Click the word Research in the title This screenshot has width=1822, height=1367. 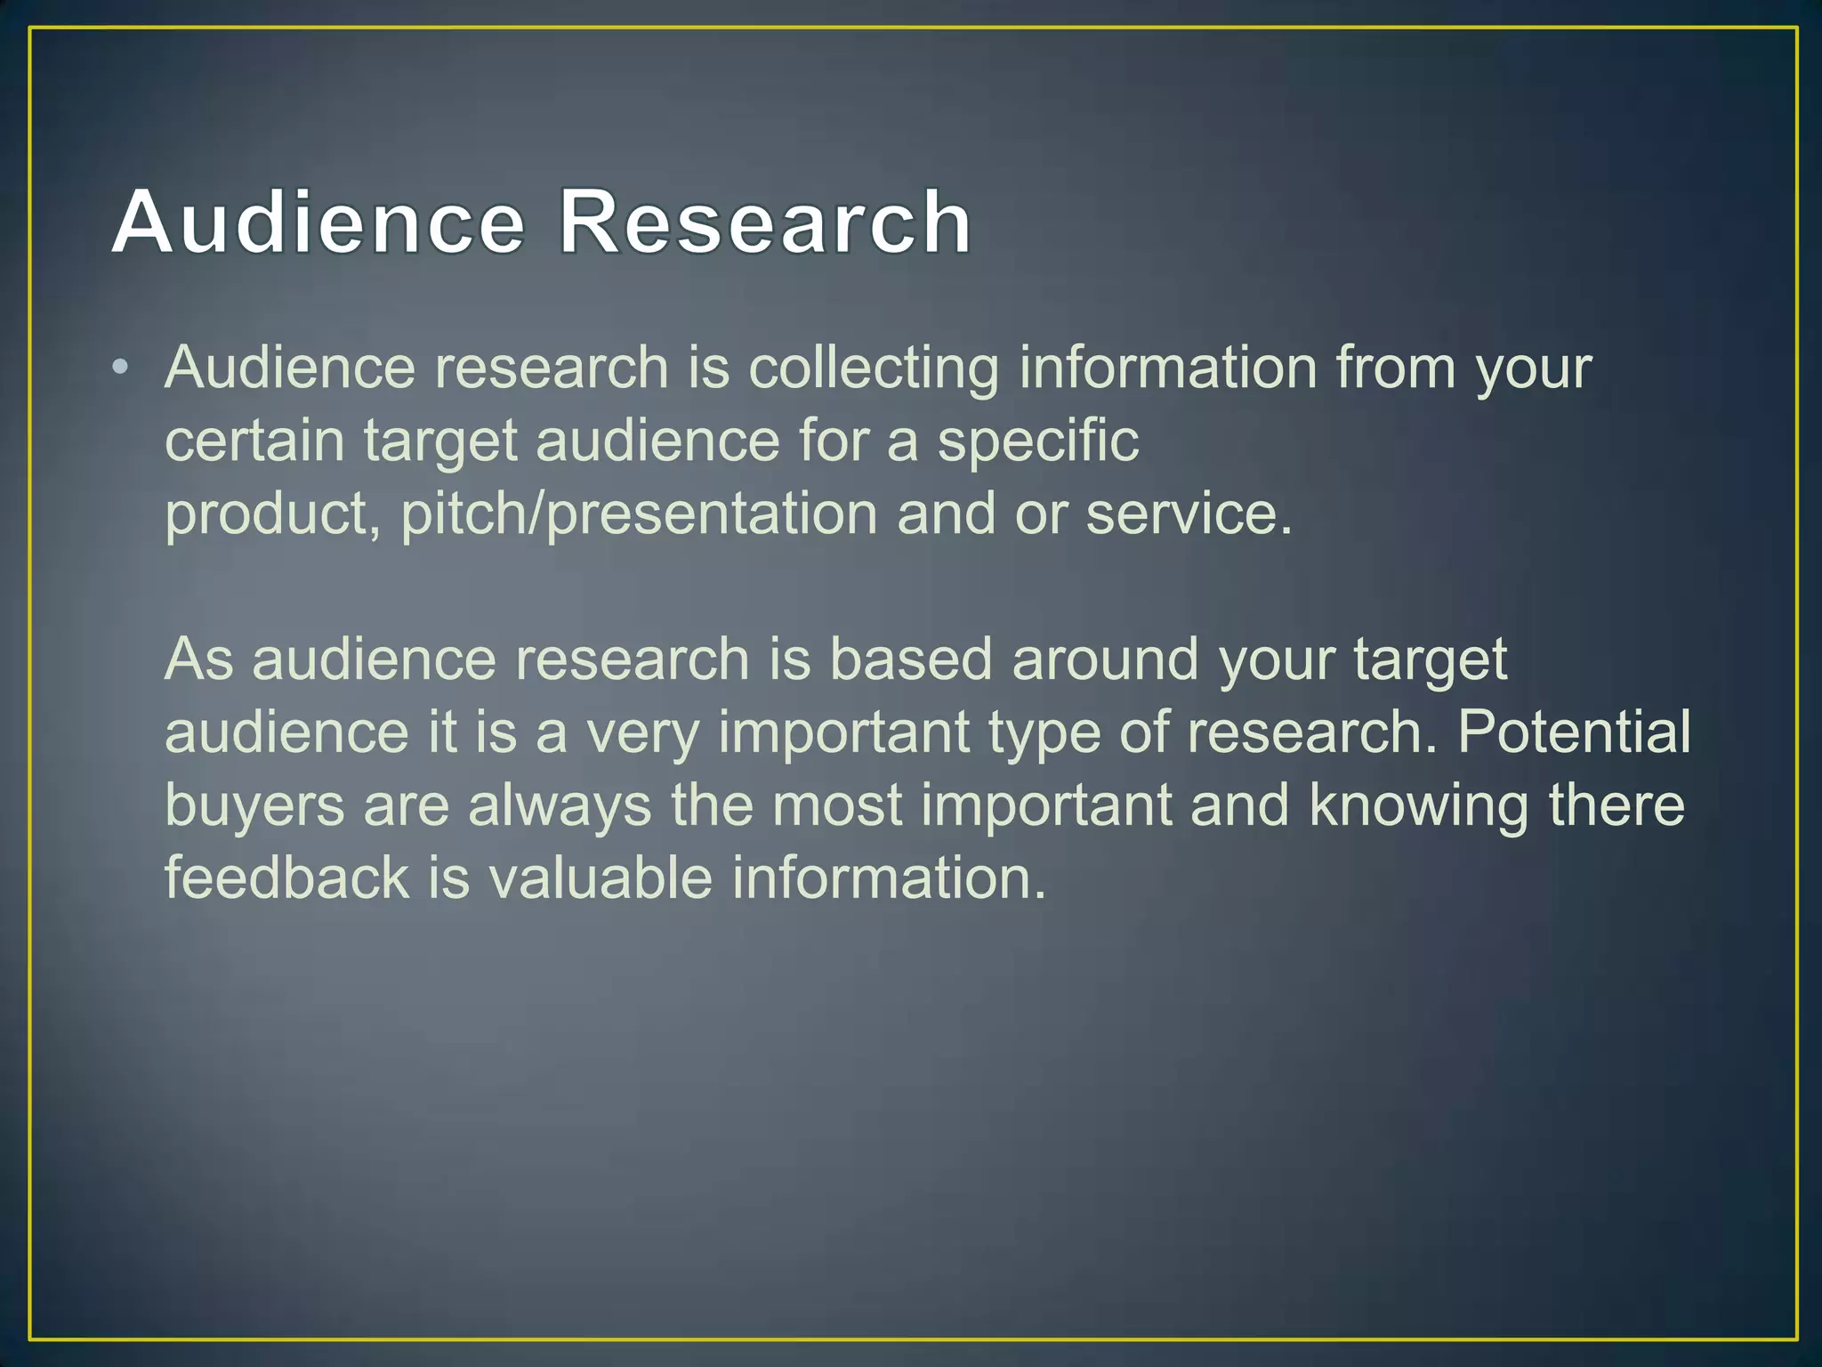pos(765,222)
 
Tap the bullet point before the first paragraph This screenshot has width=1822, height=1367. pos(121,367)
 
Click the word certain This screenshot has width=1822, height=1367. pos(254,441)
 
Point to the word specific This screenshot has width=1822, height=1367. pos(1037,441)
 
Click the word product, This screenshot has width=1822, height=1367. pos(273,516)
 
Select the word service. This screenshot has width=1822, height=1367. pos(1189,514)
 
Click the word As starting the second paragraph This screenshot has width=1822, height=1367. pos(198,659)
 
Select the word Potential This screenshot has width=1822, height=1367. pos(1573,732)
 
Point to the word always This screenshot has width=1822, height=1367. pos(560,806)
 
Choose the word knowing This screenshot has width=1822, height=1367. pos(1418,806)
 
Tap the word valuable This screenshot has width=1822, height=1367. pos(601,878)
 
